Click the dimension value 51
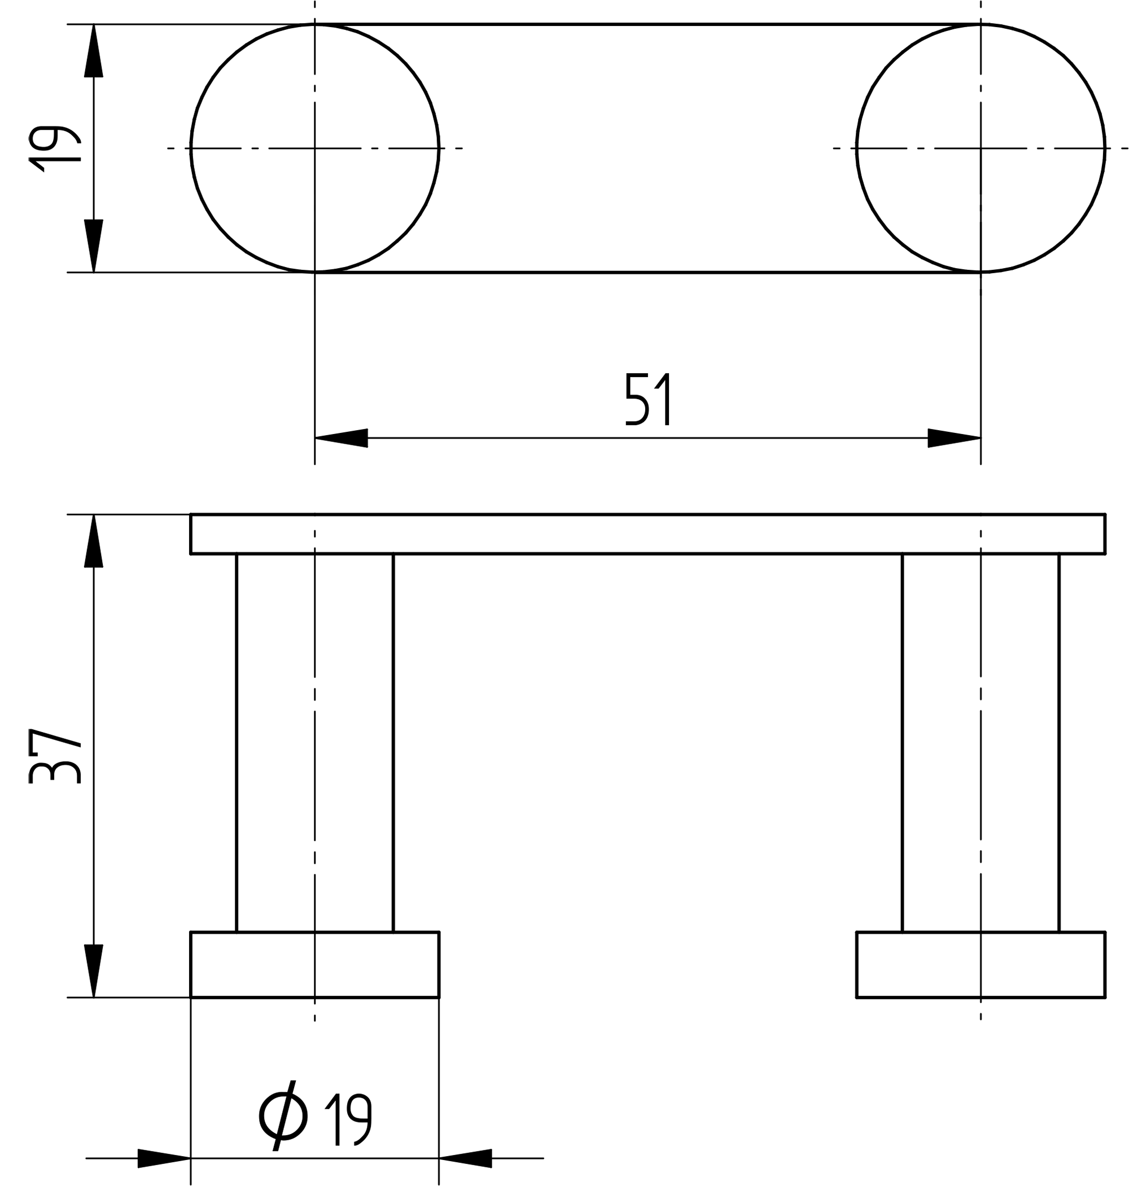(x=647, y=399)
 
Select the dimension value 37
(x=54, y=756)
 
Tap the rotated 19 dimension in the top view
(x=54, y=148)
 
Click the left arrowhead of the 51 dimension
(x=341, y=438)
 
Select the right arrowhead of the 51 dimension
(x=954, y=438)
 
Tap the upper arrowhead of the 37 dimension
(x=93, y=540)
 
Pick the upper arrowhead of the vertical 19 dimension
(x=93, y=51)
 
